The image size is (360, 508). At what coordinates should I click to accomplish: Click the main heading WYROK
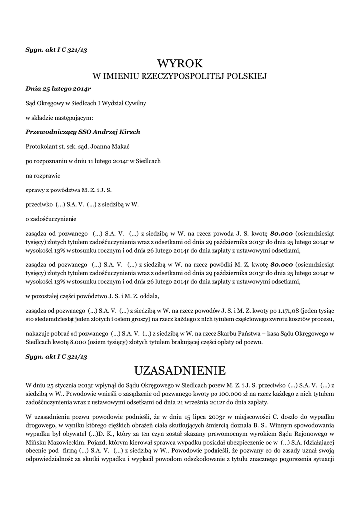click(180, 63)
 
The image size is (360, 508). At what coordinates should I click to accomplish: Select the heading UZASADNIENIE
click(180, 371)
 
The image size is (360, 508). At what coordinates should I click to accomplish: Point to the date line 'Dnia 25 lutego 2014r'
click(58, 89)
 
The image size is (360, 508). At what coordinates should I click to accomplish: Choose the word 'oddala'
click(149, 296)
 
